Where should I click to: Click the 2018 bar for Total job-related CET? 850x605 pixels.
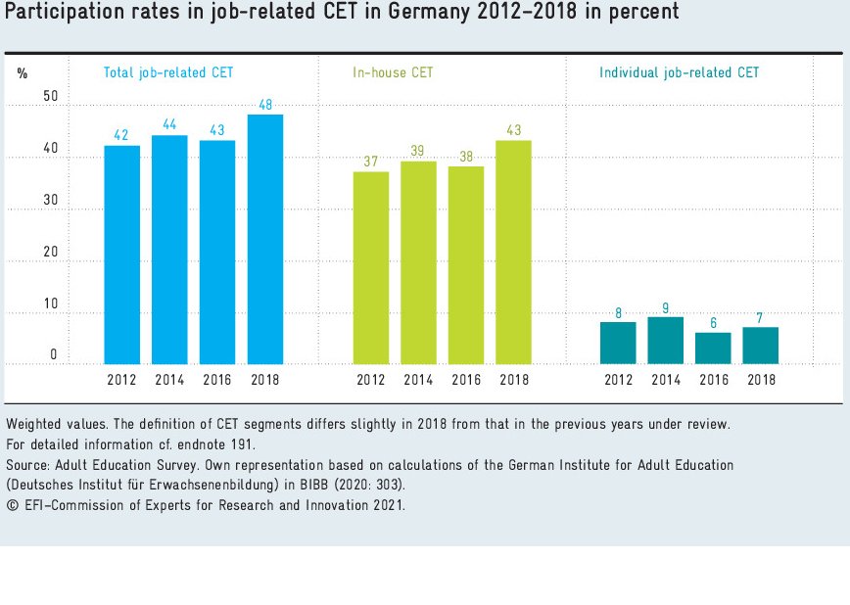click(265, 239)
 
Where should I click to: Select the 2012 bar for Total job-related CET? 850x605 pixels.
click(121, 255)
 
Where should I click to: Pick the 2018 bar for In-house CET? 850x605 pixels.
click(514, 252)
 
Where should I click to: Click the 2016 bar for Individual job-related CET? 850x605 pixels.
click(713, 348)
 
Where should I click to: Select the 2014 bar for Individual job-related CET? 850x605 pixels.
click(666, 340)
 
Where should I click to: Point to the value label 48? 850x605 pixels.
click(265, 105)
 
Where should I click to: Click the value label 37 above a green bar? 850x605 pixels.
click(370, 162)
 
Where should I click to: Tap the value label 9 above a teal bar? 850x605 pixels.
click(666, 306)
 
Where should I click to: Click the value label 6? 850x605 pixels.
click(713, 322)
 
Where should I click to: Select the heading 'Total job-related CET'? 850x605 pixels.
click(168, 72)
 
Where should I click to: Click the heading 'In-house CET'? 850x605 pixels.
click(393, 72)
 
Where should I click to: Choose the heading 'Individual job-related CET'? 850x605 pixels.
click(679, 72)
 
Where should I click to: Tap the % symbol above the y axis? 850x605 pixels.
click(23, 73)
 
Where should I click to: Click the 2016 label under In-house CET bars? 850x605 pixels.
click(466, 380)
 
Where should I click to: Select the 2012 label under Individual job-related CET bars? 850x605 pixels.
click(618, 380)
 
